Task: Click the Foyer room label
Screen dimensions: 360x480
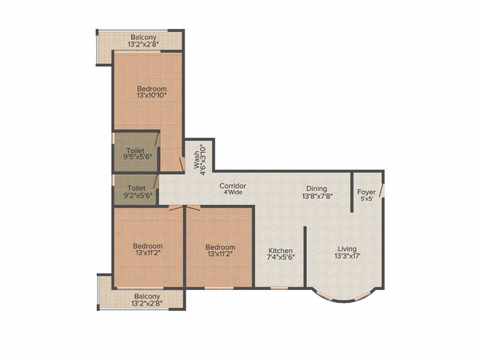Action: pyautogui.click(x=366, y=192)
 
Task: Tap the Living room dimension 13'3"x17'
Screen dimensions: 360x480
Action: pyautogui.click(x=347, y=256)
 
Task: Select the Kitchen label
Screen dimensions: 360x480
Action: pyautogui.click(x=280, y=251)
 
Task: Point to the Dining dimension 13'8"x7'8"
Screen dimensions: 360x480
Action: pyautogui.click(x=317, y=196)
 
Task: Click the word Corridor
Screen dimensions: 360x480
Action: pyautogui.click(x=232, y=186)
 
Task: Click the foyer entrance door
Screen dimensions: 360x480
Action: pyautogui.click(x=382, y=190)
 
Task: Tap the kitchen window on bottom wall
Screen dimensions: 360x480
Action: pyautogui.click(x=279, y=287)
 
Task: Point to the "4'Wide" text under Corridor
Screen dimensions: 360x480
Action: pyautogui.click(x=232, y=192)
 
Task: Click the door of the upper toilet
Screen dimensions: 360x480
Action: pyautogui.click(x=157, y=140)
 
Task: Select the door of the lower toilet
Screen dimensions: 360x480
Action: pyautogui.click(x=155, y=181)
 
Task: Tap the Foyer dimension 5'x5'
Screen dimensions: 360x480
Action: pyautogui.click(x=366, y=199)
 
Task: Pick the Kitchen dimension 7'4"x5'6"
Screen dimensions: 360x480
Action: pyautogui.click(x=280, y=257)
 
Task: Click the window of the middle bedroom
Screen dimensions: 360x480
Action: pyautogui.click(x=219, y=287)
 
